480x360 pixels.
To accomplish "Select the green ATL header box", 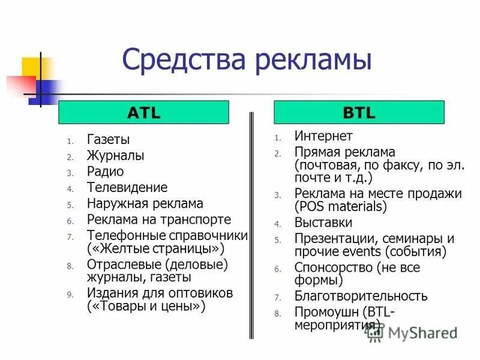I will point(143,113).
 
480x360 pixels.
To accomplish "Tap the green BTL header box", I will point(359,113).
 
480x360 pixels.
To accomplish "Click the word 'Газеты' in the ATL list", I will point(108,140).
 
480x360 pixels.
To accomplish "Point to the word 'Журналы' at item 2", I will point(115,156).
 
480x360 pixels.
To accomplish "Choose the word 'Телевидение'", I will point(127,188).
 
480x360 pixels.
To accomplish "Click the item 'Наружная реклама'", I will point(145,204).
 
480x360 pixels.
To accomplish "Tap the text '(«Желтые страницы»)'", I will point(155,248).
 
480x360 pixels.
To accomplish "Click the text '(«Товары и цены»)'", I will point(146,306).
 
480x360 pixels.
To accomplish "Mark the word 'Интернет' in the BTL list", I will point(323,136).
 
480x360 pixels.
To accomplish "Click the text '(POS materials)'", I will point(341,207).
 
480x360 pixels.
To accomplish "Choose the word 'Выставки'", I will point(323,223).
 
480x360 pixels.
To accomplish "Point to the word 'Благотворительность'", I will point(361,296).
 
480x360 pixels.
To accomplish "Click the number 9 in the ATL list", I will point(70,295).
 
